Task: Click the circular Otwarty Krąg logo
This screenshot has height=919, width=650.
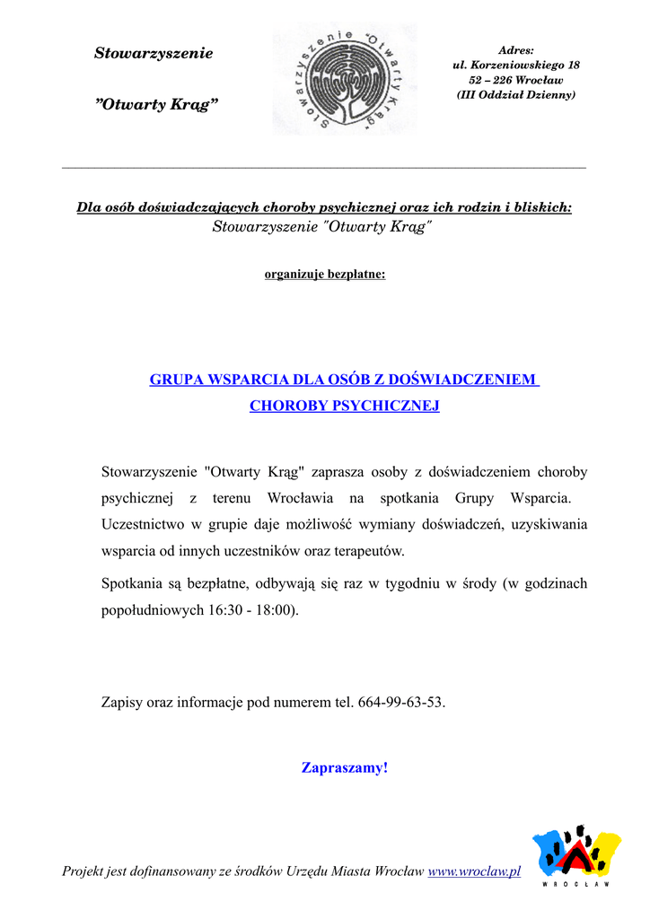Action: click(x=346, y=79)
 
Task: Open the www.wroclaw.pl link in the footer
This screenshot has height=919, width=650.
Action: click(x=474, y=871)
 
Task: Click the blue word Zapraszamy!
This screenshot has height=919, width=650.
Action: click(x=345, y=768)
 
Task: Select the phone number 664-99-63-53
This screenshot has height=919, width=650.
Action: click(x=400, y=702)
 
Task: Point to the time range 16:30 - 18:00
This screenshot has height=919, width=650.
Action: click(x=252, y=609)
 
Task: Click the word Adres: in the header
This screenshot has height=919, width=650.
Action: click(x=516, y=50)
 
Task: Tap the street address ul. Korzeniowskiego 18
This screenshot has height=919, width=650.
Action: click(x=516, y=66)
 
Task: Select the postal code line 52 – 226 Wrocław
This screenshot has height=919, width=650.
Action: click(x=516, y=80)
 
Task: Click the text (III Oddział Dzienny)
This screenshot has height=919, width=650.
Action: click(x=516, y=94)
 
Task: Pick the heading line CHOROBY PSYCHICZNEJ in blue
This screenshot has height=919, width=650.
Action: click(x=345, y=406)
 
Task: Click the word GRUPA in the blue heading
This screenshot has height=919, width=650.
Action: click(x=176, y=380)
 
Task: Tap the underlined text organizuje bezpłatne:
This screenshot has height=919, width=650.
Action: click(x=325, y=274)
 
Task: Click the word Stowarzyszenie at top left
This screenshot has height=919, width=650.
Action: click(x=154, y=54)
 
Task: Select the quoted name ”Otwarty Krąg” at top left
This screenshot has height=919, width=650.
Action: click(x=156, y=105)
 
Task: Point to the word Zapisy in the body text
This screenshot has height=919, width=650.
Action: click(x=121, y=702)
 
